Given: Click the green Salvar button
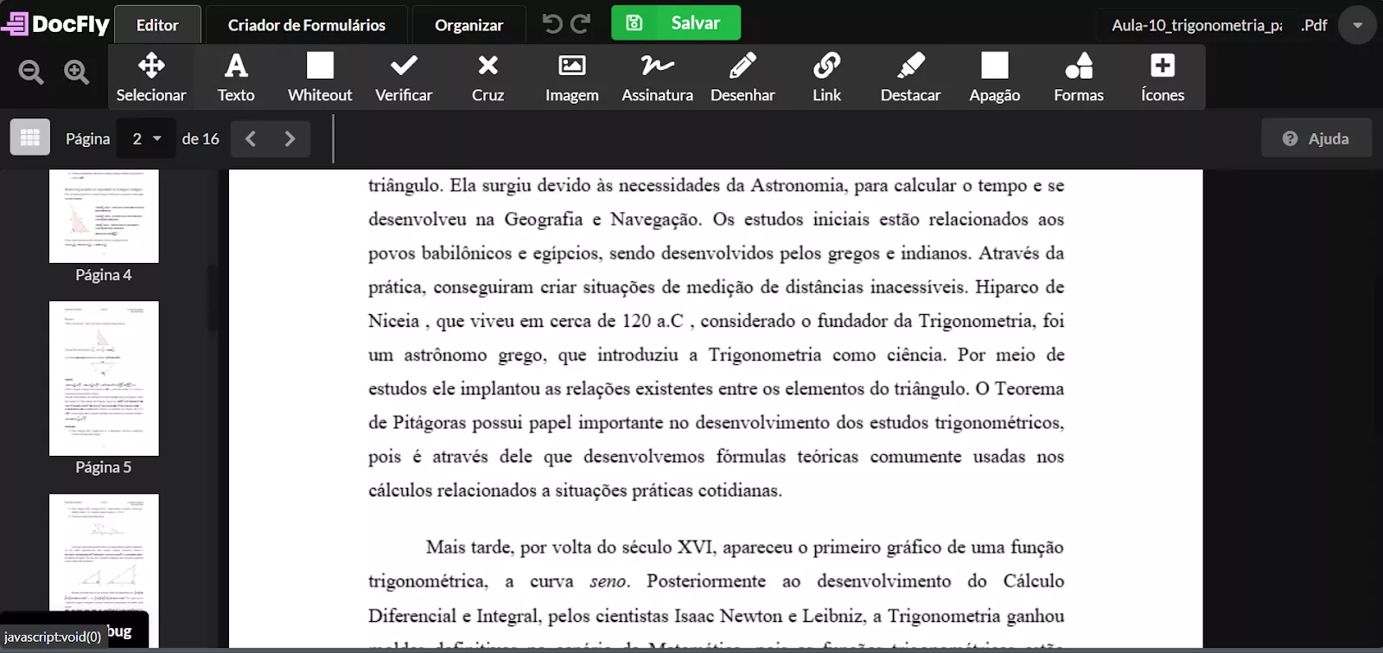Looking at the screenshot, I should click(x=675, y=23).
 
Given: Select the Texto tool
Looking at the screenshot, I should click(x=236, y=77).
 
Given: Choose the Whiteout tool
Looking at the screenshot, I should click(x=320, y=77).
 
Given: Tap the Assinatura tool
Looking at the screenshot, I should click(x=657, y=77).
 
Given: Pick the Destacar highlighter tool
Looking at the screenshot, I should click(x=910, y=77).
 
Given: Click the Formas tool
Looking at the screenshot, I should click(x=1078, y=77).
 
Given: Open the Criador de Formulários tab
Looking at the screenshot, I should click(x=306, y=25).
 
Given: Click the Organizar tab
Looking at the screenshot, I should click(x=468, y=25).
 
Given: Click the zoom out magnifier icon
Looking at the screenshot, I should click(x=31, y=73).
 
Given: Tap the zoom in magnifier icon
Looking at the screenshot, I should click(x=77, y=73).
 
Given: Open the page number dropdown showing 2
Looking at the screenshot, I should click(x=146, y=138).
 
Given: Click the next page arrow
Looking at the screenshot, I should click(x=290, y=138).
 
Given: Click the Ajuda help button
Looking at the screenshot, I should click(x=1316, y=138).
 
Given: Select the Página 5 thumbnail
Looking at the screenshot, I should click(x=104, y=379).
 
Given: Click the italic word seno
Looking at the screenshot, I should click(x=609, y=581).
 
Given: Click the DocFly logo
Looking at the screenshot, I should click(x=56, y=24).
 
